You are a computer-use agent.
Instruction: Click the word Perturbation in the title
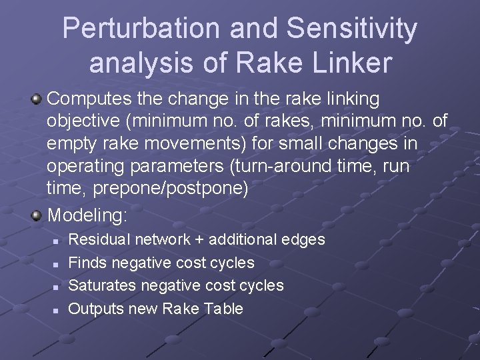coord(141,29)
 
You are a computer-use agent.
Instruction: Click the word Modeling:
coord(87,215)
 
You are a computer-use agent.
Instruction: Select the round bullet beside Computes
coord(37,99)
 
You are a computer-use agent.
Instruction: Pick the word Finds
coord(87,263)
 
